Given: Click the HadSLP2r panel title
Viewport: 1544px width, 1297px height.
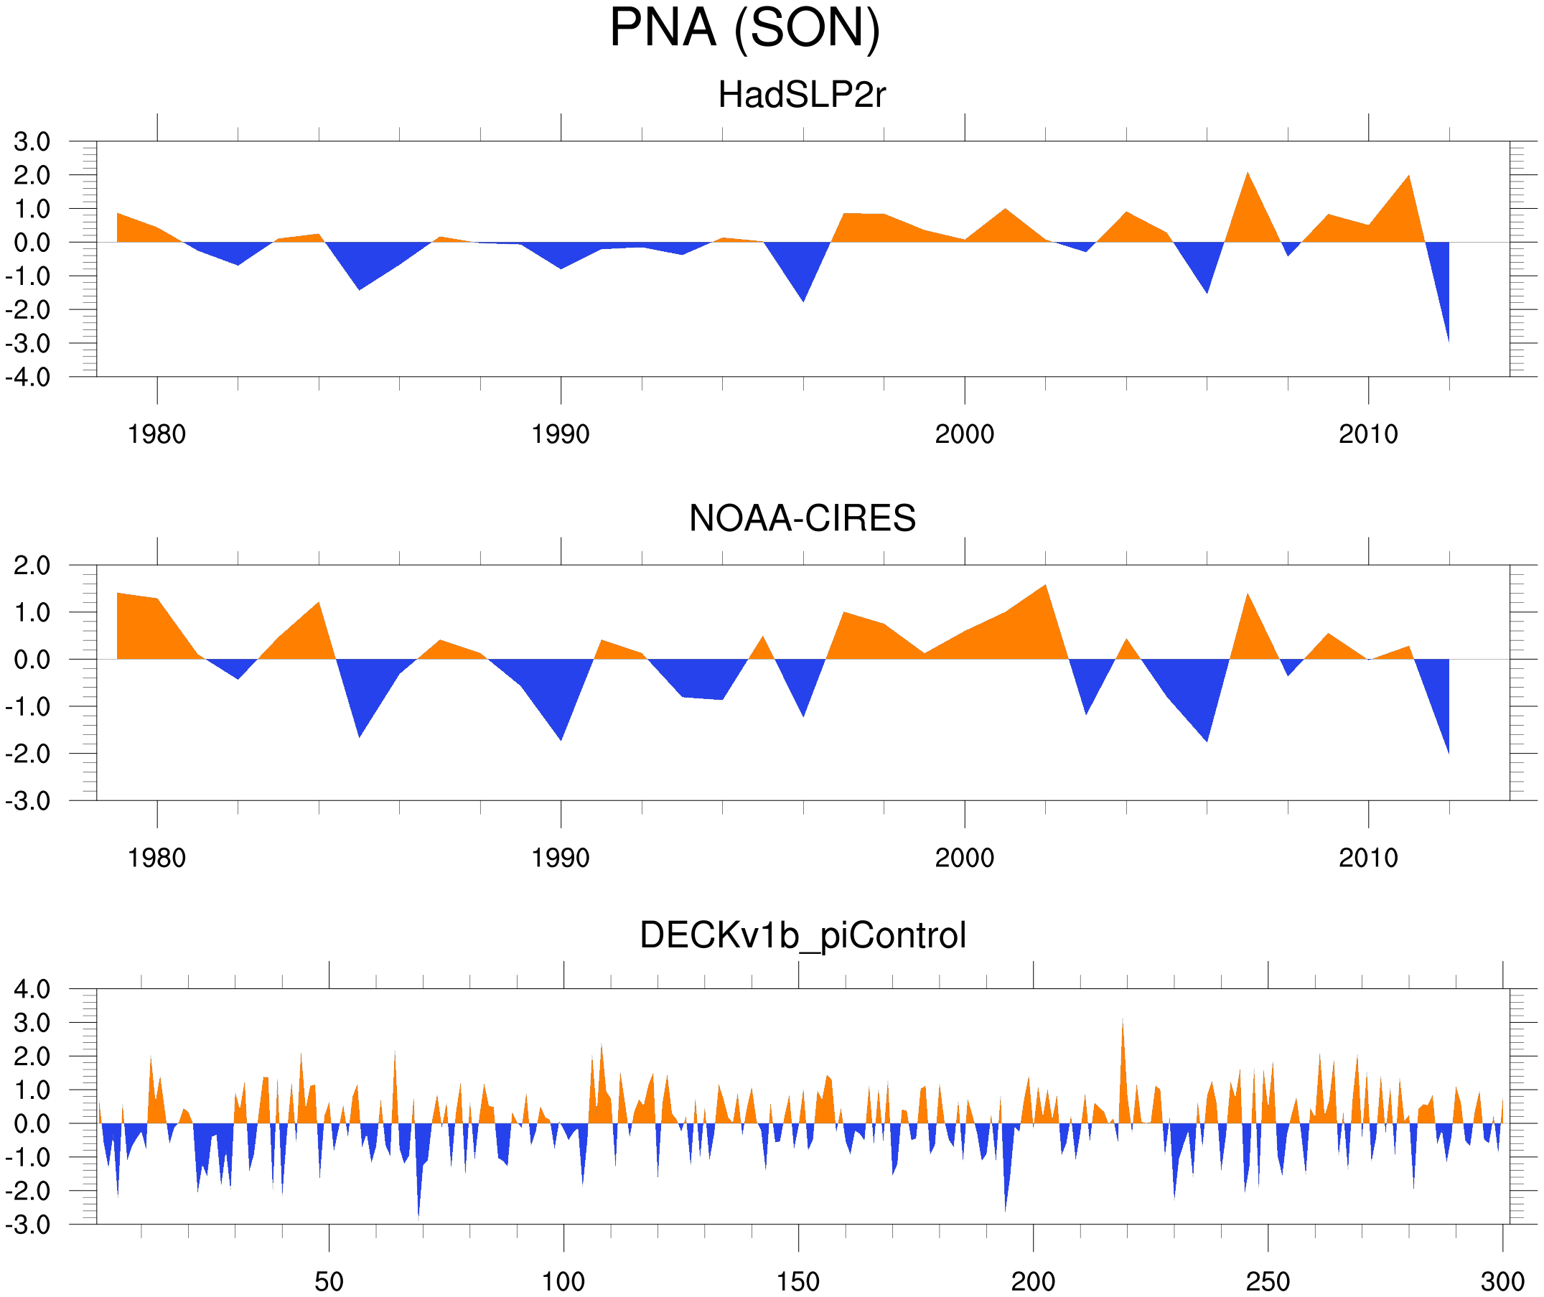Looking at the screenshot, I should tap(801, 95).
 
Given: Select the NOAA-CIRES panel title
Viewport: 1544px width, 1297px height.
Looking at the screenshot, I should tap(802, 518).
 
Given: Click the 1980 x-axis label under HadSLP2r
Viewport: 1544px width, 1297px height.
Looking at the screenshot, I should tap(156, 434).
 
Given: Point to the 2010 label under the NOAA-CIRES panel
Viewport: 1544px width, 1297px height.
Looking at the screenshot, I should tap(1367, 858).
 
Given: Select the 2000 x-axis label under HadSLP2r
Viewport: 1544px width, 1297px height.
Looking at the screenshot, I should tap(964, 434).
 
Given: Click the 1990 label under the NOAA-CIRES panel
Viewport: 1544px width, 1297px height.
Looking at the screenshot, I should tap(561, 858).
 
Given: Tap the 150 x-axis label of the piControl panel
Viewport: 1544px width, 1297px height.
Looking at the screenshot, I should tap(797, 1281).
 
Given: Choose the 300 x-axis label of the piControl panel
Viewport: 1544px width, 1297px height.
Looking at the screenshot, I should tap(1502, 1281).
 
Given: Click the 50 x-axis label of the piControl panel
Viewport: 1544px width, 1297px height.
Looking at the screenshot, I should tap(329, 1281).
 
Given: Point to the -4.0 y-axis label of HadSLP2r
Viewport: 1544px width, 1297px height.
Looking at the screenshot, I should tap(28, 378).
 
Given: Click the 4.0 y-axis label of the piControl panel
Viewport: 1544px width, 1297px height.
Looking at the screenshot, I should tap(32, 990).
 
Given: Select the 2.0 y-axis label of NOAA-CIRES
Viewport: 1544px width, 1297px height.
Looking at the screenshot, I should tap(32, 566).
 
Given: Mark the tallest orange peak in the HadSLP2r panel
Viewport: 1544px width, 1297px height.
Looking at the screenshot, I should tap(1248, 177).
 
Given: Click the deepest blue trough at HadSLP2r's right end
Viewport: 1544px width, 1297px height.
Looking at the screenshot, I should tap(1447, 334).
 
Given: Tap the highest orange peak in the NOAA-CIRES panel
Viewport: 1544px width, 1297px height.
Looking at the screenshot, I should tap(1045, 589).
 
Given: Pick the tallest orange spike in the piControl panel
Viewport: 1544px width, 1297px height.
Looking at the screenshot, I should tap(1122, 1024).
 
